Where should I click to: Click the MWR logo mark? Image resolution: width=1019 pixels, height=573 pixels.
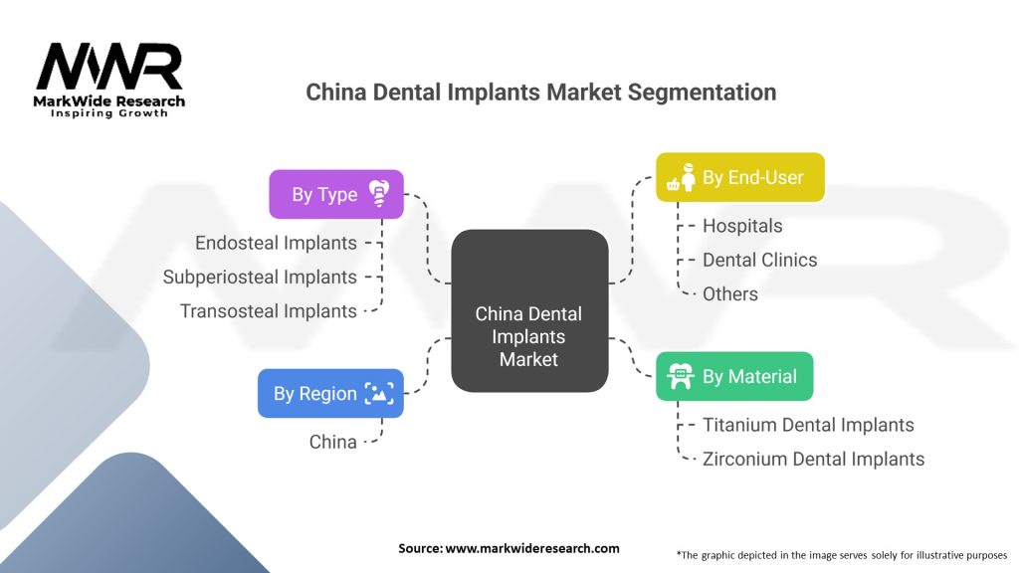(109, 67)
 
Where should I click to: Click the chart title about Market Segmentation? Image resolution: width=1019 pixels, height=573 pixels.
(540, 93)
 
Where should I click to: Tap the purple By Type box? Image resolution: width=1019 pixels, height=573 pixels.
(336, 194)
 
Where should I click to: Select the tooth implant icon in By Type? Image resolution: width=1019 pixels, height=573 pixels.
(378, 194)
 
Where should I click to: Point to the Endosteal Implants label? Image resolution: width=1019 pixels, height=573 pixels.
(276, 243)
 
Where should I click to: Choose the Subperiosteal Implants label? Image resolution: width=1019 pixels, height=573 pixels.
(260, 277)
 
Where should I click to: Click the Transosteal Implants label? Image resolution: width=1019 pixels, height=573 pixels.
(268, 310)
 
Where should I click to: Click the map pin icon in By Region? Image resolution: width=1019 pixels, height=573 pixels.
(378, 393)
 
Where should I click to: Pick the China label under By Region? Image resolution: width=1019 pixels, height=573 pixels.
(332, 442)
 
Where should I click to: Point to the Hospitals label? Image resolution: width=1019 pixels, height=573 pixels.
(742, 226)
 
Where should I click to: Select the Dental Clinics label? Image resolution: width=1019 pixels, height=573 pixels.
(759, 260)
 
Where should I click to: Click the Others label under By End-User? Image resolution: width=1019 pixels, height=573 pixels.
(730, 293)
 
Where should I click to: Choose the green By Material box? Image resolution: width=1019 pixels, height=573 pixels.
(733, 376)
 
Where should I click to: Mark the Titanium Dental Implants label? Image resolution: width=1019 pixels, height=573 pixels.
(808, 425)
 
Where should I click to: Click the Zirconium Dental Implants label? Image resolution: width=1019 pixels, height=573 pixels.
(813, 459)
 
